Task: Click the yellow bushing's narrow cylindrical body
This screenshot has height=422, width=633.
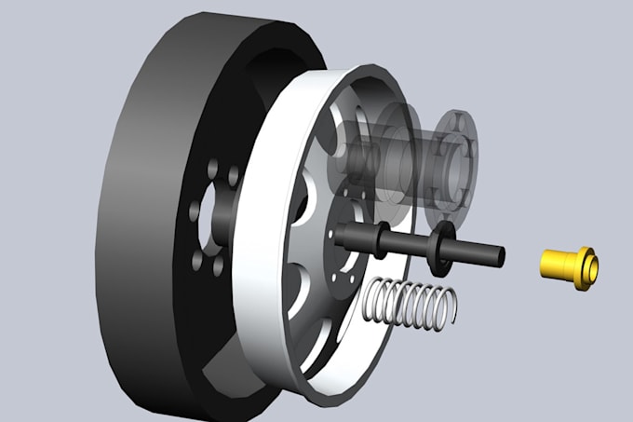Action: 558,264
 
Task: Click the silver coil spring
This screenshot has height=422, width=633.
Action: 410,303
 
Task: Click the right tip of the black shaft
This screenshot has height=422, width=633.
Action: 500,253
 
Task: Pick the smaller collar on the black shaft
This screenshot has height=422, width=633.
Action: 383,239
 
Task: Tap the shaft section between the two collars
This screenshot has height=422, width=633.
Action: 410,243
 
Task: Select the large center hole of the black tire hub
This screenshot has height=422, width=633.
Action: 216,220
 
